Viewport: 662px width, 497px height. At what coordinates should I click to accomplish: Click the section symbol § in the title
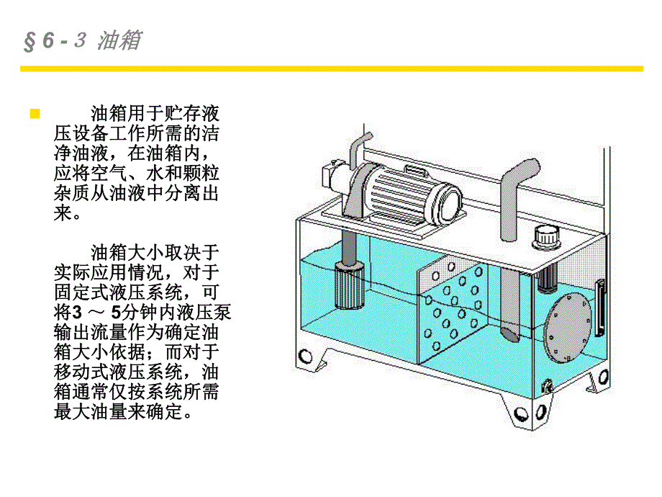pyautogui.click(x=30, y=42)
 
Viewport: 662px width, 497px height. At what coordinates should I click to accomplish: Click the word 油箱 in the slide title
pyautogui.click(x=119, y=41)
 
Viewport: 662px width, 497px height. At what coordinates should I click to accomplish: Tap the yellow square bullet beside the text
pyautogui.click(x=33, y=115)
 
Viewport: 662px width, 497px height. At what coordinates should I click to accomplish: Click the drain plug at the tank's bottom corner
pyautogui.click(x=546, y=388)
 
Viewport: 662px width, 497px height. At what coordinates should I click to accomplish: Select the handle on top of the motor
pyautogui.click(x=415, y=169)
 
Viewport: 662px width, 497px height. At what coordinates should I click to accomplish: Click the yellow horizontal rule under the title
pyautogui.click(x=331, y=68)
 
